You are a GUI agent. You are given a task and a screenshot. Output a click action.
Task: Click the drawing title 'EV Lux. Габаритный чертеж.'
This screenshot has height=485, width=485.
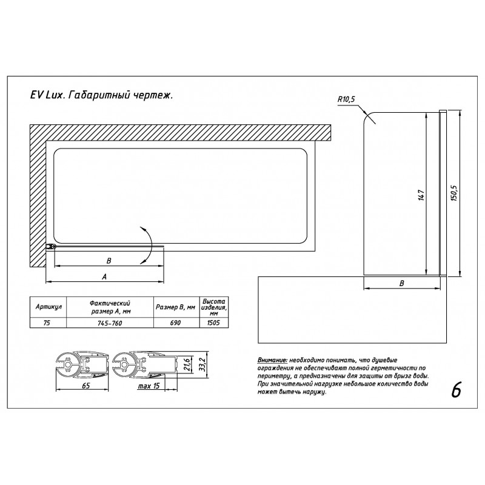tap(101, 95)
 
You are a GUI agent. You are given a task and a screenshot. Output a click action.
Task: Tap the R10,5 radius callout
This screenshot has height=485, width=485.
tap(346, 99)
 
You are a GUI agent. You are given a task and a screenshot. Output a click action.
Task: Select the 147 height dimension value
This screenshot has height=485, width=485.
tap(421, 195)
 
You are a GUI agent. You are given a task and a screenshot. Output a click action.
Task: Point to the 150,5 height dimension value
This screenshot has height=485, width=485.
tap(453, 193)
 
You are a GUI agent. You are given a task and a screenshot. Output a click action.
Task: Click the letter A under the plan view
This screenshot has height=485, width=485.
tap(104, 276)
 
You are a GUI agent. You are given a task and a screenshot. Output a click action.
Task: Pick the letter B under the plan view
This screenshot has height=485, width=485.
tap(109, 261)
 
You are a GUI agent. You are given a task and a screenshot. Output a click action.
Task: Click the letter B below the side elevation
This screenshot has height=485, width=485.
tap(401, 283)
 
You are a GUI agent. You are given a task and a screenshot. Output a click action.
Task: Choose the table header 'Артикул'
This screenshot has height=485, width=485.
tap(48, 307)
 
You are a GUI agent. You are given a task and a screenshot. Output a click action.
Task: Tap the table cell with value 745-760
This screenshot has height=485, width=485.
tap(110, 323)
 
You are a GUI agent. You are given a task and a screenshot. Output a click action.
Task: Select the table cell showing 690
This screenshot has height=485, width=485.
tap(175, 323)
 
